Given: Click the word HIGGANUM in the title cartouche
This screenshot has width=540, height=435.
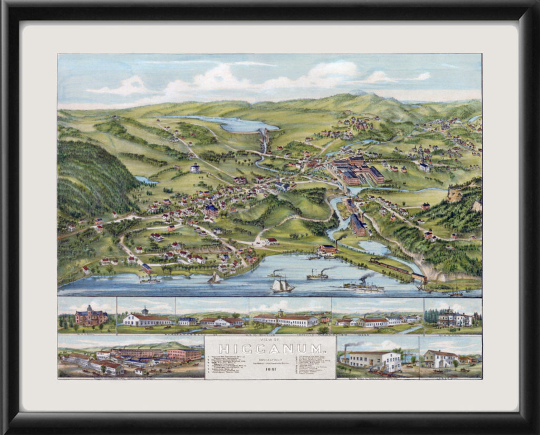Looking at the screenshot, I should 270,349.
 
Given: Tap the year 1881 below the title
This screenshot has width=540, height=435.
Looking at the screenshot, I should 270,369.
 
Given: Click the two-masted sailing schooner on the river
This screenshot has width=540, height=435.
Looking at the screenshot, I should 282,285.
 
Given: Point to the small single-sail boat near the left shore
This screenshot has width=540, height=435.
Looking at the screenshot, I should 214,278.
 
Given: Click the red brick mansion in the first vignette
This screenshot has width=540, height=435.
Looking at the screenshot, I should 91,316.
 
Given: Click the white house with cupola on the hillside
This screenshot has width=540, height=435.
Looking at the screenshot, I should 195,168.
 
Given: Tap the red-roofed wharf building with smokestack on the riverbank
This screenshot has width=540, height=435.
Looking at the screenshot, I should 329,248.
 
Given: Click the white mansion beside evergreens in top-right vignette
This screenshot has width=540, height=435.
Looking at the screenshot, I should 454,318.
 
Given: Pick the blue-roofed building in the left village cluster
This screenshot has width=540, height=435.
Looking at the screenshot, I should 211,210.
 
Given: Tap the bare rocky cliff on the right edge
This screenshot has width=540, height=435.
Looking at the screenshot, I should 455,196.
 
